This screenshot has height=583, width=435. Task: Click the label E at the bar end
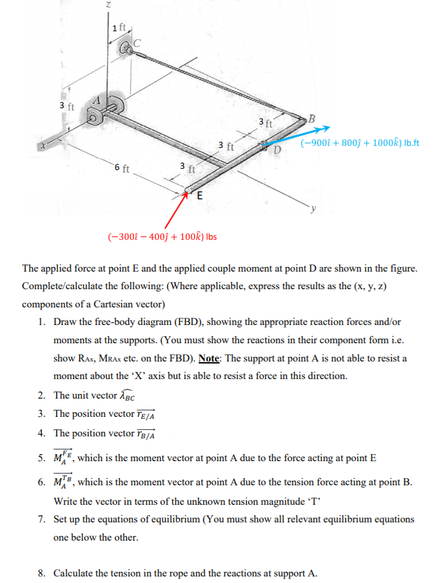click(200, 195)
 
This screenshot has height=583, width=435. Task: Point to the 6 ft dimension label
click(122, 169)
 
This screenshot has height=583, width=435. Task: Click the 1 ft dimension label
click(119, 27)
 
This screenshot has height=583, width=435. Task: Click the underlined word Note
click(208, 359)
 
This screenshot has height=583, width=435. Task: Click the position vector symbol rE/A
click(147, 415)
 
